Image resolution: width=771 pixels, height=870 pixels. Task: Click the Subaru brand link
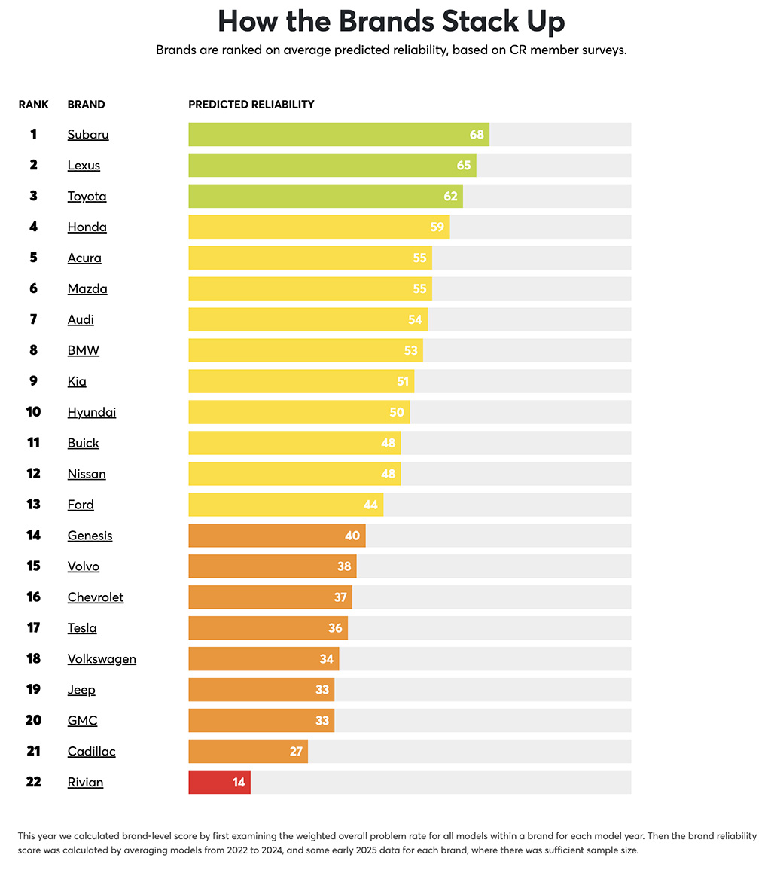tap(88, 135)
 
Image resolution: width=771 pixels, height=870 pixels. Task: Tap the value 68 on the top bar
tap(477, 135)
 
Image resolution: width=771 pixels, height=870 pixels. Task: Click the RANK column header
tap(33, 105)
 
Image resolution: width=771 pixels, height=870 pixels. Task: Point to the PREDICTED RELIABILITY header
tap(251, 105)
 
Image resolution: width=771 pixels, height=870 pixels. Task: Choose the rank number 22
tap(33, 782)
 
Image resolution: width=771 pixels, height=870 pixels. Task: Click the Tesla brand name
tap(82, 628)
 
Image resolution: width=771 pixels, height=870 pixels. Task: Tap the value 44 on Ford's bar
tap(370, 505)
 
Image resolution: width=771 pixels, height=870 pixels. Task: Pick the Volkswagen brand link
tap(102, 659)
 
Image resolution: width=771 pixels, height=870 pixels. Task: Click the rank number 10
tap(33, 412)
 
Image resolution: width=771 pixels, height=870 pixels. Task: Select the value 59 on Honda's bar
tap(437, 227)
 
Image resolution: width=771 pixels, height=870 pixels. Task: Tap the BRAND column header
tap(86, 105)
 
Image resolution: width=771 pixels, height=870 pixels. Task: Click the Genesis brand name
tap(90, 536)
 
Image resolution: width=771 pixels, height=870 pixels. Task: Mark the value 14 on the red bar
tap(239, 783)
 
